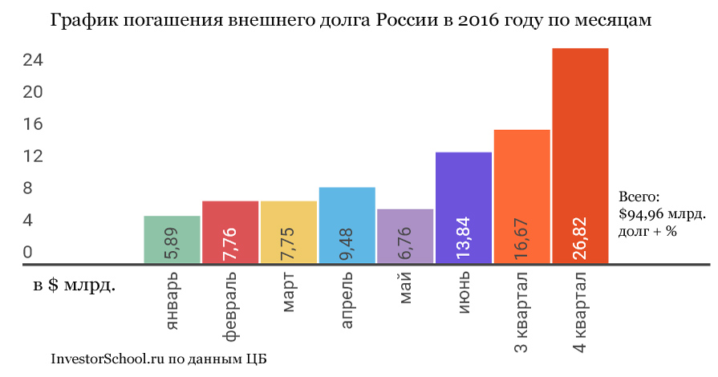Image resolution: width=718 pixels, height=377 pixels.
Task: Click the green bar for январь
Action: click(x=172, y=239)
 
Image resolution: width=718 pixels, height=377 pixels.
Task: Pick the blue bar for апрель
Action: click(x=347, y=225)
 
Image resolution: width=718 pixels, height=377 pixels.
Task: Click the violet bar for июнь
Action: click(x=464, y=207)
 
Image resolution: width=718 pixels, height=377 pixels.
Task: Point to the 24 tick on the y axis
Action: click(x=32, y=61)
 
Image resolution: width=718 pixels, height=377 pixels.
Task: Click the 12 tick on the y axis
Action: click(x=32, y=156)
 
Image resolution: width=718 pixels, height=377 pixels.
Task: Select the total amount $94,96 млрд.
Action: click(x=663, y=214)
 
